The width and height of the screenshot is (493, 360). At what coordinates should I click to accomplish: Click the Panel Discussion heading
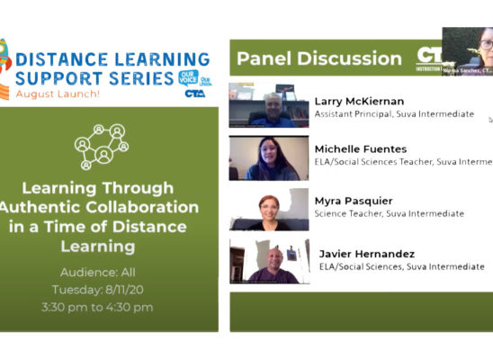pyautogui.click(x=318, y=59)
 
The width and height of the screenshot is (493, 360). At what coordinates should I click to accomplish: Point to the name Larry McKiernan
pyautogui.click(x=359, y=101)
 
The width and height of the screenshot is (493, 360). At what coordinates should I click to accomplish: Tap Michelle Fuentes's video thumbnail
pyautogui.click(x=269, y=157)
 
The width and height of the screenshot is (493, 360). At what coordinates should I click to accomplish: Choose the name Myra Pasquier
pyautogui.click(x=354, y=200)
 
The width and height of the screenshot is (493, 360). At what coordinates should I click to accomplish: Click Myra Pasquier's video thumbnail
pyautogui.click(x=269, y=209)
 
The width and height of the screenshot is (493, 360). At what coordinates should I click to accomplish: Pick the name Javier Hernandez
pyautogui.click(x=366, y=253)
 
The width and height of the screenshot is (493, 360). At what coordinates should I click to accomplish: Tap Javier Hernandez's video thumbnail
pyautogui.click(x=269, y=262)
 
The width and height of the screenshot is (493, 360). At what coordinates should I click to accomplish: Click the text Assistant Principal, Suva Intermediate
pyautogui.click(x=393, y=114)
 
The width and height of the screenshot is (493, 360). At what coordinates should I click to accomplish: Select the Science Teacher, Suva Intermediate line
pyautogui.click(x=389, y=213)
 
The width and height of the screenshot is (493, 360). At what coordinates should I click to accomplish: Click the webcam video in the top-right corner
pyautogui.click(x=467, y=50)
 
